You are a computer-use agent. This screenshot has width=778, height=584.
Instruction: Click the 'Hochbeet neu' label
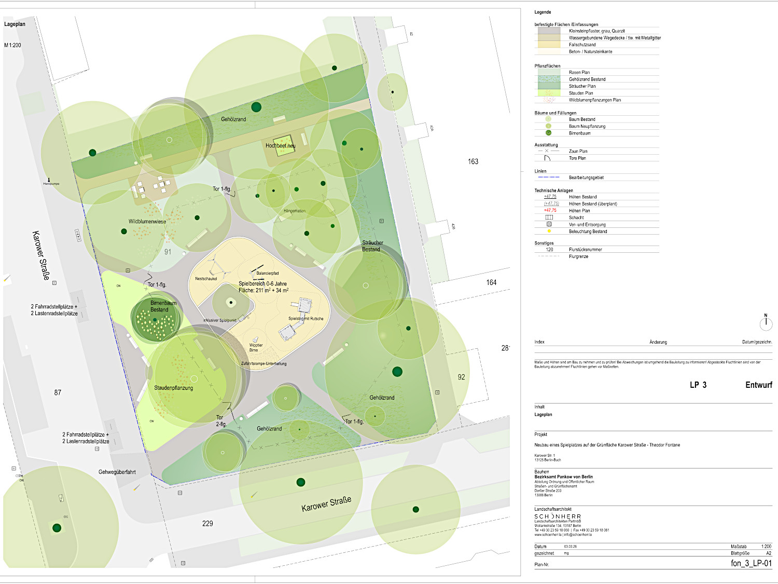pos(280,146)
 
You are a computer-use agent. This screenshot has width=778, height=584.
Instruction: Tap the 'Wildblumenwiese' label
pos(147,222)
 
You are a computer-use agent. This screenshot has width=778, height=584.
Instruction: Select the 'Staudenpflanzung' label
pos(173,388)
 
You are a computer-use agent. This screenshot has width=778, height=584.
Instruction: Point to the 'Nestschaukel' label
pos(206,279)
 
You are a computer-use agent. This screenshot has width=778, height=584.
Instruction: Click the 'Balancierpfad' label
pos(268,273)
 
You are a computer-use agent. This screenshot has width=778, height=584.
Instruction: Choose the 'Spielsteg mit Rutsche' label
pos(305,319)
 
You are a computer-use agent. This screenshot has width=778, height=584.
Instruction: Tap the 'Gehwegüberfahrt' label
pos(117,472)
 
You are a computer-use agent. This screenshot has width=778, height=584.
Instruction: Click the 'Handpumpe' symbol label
pos(51,184)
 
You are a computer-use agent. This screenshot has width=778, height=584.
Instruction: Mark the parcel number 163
pos(473,161)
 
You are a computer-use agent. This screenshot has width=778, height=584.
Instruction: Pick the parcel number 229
pos(207,523)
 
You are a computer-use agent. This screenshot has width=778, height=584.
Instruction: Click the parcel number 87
pos(58,392)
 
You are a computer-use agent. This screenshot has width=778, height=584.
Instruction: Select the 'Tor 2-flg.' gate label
pos(221,420)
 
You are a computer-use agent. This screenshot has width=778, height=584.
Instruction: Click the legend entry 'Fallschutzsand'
pos(582,45)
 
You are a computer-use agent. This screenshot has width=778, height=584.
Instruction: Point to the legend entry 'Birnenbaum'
pos(579,133)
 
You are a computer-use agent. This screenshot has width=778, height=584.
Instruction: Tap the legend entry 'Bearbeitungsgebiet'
pos(586,178)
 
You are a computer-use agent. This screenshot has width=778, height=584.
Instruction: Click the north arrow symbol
pos(766,323)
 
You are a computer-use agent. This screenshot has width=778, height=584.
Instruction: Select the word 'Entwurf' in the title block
pos(758,385)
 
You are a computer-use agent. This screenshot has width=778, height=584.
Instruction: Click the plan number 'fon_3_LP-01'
pos(751,563)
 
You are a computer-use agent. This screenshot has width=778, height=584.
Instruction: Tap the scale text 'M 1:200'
pos(13,45)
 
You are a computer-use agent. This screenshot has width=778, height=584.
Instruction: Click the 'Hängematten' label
pos(295,211)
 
